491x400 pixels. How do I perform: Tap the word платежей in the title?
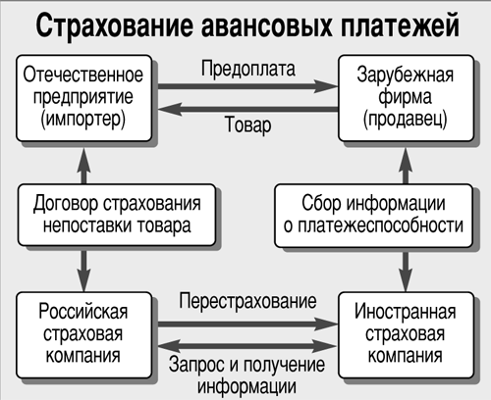point(400,25)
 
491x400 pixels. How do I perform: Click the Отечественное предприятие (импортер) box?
point(84,98)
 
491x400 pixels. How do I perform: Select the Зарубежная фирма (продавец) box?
point(406,98)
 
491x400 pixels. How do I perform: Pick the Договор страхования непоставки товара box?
point(117,215)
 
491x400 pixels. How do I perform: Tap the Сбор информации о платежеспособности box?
point(373,216)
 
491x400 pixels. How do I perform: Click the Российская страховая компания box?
point(84,335)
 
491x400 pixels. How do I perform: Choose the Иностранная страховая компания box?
point(406,335)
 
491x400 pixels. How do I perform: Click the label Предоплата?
point(248,70)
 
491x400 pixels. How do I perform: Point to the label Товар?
point(248,125)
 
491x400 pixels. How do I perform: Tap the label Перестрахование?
point(247,301)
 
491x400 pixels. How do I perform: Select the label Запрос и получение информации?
point(246,375)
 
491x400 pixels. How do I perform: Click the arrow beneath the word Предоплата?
point(247,86)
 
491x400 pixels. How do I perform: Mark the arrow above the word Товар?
point(248,109)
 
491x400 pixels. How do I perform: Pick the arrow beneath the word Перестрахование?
point(247,324)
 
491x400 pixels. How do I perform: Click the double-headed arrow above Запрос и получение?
point(247,346)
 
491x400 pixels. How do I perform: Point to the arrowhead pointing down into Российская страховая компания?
point(84,279)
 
